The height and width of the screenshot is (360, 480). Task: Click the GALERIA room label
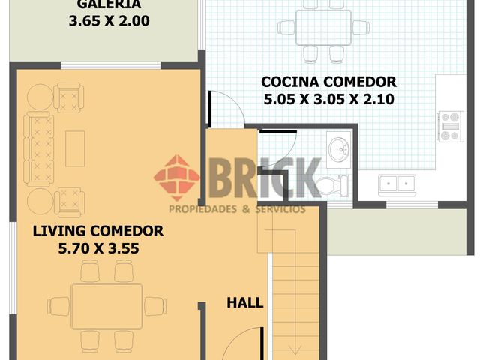[x=109, y=4]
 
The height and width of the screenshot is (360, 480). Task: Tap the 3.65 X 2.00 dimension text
[x=109, y=21]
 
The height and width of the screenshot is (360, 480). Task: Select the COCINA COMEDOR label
[x=328, y=82]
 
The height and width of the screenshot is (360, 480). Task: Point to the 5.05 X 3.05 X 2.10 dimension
[x=328, y=99]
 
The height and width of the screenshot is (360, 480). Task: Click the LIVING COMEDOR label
[x=98, y=231]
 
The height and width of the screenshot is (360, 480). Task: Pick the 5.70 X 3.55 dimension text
[x=98, y=248]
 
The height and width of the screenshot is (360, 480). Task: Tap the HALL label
[x=245, y=303]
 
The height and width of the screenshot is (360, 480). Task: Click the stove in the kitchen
[x=450, y=127]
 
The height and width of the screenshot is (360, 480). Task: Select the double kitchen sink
[x=397, y=185]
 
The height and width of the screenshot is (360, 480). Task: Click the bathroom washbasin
[x=338, y=150]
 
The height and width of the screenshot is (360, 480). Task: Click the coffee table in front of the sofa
[x=75, y=148]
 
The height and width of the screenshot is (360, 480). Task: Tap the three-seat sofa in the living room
[x=38, y=149]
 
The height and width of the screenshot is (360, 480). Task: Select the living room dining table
[x=106, y=306]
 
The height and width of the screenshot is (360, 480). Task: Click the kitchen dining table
[x=323, y=28]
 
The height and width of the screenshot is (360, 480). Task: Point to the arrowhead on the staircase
[x=295, y=349]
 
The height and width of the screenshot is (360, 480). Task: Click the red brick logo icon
[x=177, y=178]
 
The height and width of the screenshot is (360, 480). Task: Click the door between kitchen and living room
[x=210, y=109]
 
